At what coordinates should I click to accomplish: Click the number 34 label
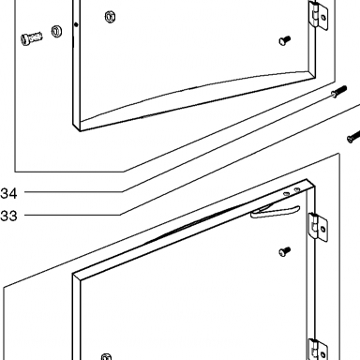[x=8, y=193]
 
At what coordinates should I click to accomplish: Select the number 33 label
[x=8, y=216]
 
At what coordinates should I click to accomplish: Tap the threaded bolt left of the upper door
[x=32, y=37]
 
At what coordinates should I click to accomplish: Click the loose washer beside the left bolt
[x=56, y=32]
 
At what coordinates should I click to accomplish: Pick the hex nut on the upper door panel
[x=110, y=17]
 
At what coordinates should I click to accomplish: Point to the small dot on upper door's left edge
[x=76, y=24]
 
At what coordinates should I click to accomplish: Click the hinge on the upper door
[x=319, y=15]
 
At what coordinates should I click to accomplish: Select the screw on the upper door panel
[x=284, y=40]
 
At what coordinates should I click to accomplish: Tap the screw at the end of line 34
[x=338, y=91]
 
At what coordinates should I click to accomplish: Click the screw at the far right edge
[x=353, y=137]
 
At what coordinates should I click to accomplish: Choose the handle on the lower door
[x=275, y=211]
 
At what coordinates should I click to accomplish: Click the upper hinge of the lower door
[x=319, y=227]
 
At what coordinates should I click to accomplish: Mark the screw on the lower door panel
[x=284, y=251]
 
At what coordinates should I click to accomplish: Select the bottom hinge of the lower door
[x=319, y=350]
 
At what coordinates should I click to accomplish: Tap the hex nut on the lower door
[x=107, y=357]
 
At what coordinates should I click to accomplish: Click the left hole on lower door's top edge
[x=286, y=194]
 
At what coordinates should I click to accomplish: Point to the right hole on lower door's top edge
[x=297, y=189]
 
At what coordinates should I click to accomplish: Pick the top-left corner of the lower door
[x=73, y=274]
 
